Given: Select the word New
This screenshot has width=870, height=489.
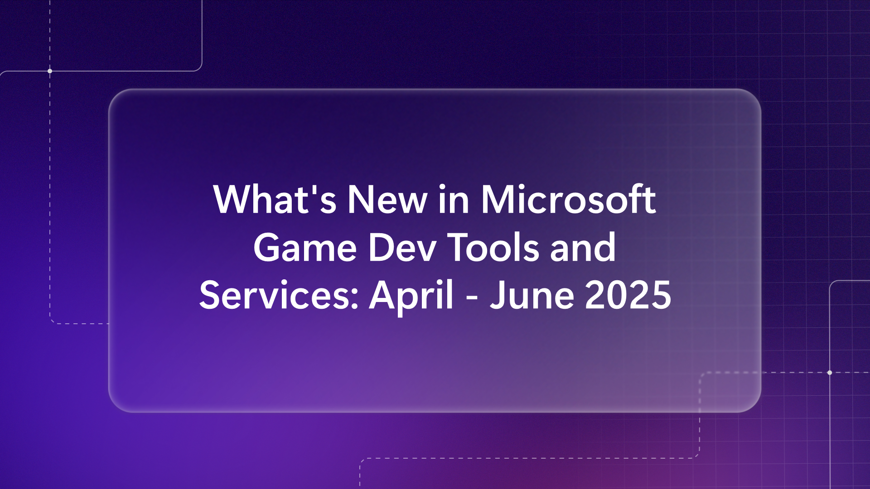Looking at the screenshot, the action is click(387, 199).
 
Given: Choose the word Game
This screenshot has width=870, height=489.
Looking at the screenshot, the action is click(305, 247).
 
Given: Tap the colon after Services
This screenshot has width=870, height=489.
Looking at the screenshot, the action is click(355, 299).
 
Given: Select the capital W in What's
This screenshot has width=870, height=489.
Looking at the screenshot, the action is click(234, 199).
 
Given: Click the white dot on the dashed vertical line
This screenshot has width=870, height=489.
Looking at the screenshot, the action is click(50, 71).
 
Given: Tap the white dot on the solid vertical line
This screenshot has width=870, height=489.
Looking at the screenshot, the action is click(830, 373).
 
